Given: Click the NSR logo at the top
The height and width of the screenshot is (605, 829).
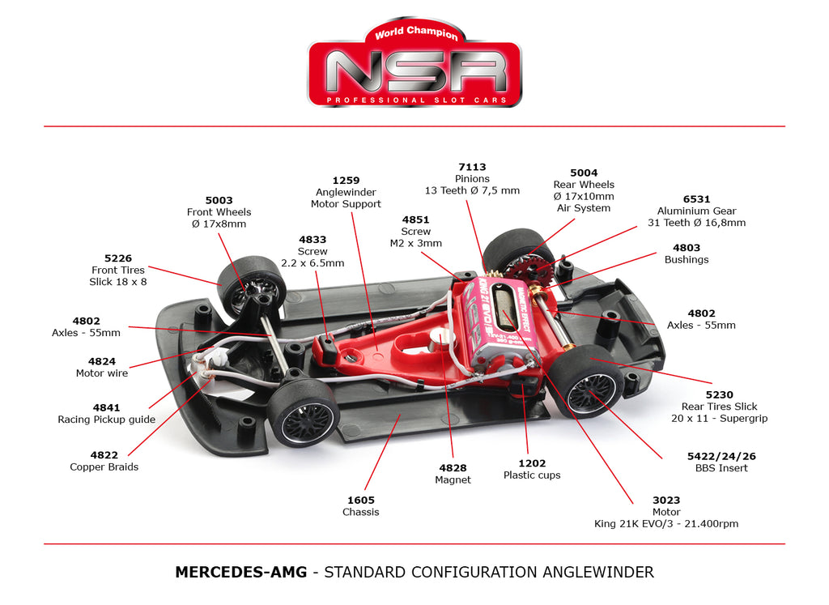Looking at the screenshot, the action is pos(414,62).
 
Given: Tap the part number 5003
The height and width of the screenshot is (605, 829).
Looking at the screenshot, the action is pos(219,200).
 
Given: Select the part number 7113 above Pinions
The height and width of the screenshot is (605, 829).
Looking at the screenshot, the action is pos(472,167).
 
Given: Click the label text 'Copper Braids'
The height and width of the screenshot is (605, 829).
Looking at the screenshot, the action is pos(104,467).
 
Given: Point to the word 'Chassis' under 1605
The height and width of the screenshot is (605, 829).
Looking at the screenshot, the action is pos(360,512).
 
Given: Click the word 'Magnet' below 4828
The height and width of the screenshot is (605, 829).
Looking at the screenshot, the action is pos(453,479).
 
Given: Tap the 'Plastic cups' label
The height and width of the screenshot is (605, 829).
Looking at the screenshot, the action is pos(532,475).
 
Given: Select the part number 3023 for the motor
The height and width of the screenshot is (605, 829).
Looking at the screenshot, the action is pos(666,501).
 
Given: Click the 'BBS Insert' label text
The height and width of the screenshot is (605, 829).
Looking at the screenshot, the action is pos(721,468).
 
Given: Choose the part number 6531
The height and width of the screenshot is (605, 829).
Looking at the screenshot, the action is pos(696,199).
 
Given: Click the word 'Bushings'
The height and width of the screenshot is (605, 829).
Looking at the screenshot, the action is pos(687,260).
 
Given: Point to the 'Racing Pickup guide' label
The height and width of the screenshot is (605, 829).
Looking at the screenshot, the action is pos(106,420).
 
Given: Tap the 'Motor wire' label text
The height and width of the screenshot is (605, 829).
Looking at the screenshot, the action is pos(101,373).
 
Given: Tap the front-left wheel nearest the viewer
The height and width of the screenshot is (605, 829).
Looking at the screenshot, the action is pos(303,412).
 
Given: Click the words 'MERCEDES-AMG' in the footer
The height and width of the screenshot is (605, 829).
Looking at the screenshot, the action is pos(241,573).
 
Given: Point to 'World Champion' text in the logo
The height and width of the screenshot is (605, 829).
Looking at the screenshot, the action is pos(416,32).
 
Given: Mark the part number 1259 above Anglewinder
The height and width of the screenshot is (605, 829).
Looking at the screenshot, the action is pos(346,181).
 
